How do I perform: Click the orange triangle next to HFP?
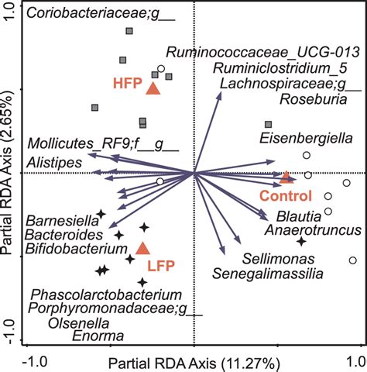tap(153, 88)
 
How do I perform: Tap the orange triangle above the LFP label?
tap(142, 248)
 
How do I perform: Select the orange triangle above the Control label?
tap(286, 177)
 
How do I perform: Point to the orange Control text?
tap(285, 195)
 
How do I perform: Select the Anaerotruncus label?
tap(312, 230)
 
